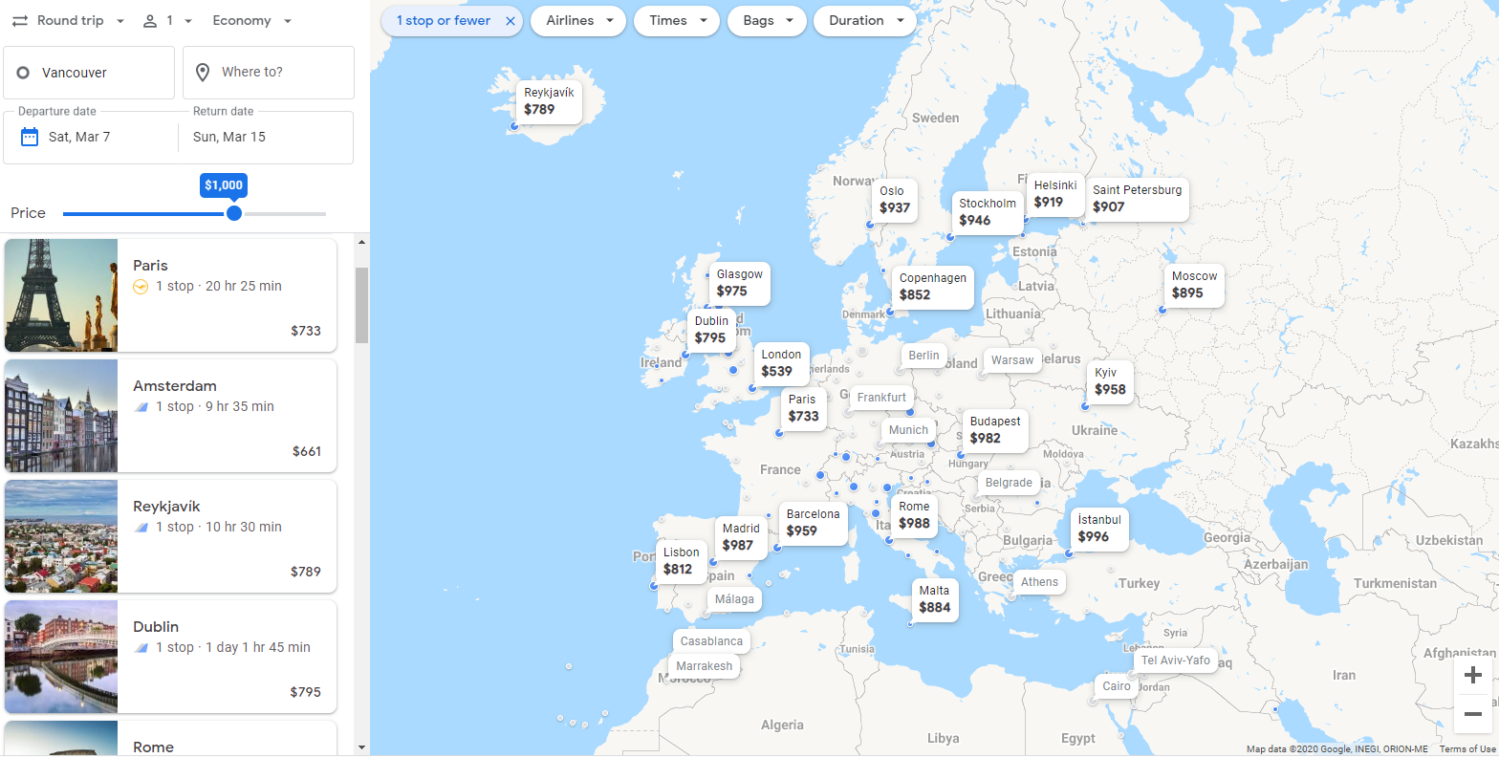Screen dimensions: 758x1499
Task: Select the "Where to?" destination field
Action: coord(268,73)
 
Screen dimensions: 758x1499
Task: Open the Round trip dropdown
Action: coord(68,21)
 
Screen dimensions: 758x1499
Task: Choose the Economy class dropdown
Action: coord(251,21)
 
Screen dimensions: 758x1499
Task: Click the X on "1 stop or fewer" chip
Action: coord(511,21)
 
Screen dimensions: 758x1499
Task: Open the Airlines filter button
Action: coord(578,21)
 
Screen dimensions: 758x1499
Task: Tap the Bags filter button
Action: coord(767,21)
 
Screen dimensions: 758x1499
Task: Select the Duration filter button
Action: coord(864,21)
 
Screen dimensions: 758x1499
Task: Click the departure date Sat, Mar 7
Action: coord(79,137)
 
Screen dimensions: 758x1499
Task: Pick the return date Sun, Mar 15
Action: coord(229,137)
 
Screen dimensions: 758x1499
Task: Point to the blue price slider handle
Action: coord(234,213)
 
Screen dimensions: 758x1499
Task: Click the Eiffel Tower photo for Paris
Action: coord(61,295)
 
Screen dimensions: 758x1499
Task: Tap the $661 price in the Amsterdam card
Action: coord(307,451)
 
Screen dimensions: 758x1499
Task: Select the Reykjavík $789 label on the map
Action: coord(549,101)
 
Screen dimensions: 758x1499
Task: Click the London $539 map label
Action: coord(780,363)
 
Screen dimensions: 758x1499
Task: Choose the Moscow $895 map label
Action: coord(1194,285)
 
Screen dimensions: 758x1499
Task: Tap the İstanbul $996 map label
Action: coord(1098,529)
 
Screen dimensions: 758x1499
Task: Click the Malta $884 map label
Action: coord(934,599)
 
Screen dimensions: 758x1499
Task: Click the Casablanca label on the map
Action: coord(711,641)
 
